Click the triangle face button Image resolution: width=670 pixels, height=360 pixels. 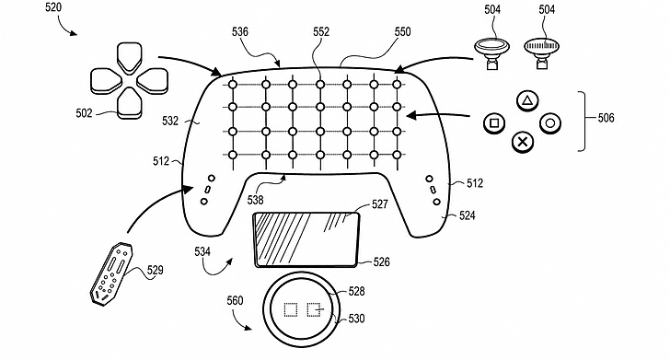pyautogui.click(x=527, y=101)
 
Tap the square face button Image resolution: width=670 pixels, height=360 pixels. pyautogui.click(x=494, y=123)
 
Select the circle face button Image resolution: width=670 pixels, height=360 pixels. pyautogui.click(x=550, y=123)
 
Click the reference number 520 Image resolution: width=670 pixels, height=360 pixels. pyautogui.click(x=53, y=7)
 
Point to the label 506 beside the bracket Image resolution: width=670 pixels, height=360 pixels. pyautogui.click(x=606, y=118)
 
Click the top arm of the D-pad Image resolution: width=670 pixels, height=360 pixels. pyautogui.click(x=130, y=58)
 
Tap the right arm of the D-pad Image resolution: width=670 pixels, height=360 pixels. pyautogui.click(x=152, y=81)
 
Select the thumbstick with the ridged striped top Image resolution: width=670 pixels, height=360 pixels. pyautogui.click(x=542, y=52)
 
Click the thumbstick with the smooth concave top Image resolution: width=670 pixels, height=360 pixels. pyautogui.click(x=492, y=52)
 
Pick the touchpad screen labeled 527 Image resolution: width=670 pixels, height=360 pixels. pyautogui.click(x=306, y=240)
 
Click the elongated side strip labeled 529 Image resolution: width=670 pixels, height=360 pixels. pyautogui.click(x=111, y=273)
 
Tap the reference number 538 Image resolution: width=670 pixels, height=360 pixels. pyautogui.click(x=255, y=200)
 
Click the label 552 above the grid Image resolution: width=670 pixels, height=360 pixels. pyautogui.click(x=321, y=32)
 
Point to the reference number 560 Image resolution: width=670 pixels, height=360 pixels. pyautogui.click(x=235, y=300)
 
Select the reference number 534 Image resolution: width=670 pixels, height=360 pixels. pyautogui.click(x=202, y=251)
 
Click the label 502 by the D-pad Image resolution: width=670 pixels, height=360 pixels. pyautogui.click(x=84, y=113)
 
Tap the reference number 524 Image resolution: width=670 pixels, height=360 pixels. pyautogui.click(x=467, y=215)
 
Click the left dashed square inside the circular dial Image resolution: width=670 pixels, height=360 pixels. pyautogui.click(x=291, y=309)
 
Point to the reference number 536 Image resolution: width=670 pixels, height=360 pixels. pyautogui.click(x=240, y=32)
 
